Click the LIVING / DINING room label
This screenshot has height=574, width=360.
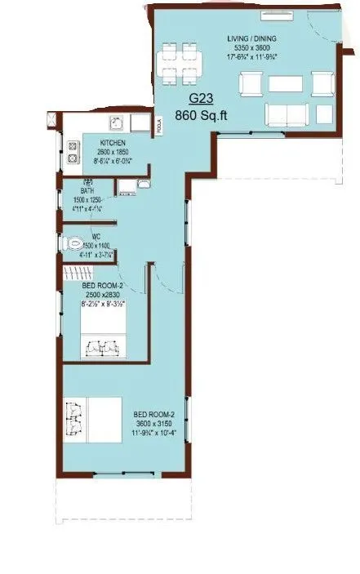coord(252,38)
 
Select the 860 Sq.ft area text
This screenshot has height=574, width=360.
coord(207,115)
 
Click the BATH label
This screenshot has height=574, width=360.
coord(76,190)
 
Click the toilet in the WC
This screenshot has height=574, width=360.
coord(73,243)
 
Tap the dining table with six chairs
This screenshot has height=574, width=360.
coord(182,65)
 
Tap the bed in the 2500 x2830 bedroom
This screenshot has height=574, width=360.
coord(102,333)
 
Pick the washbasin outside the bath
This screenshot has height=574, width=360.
coord(128,187)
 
